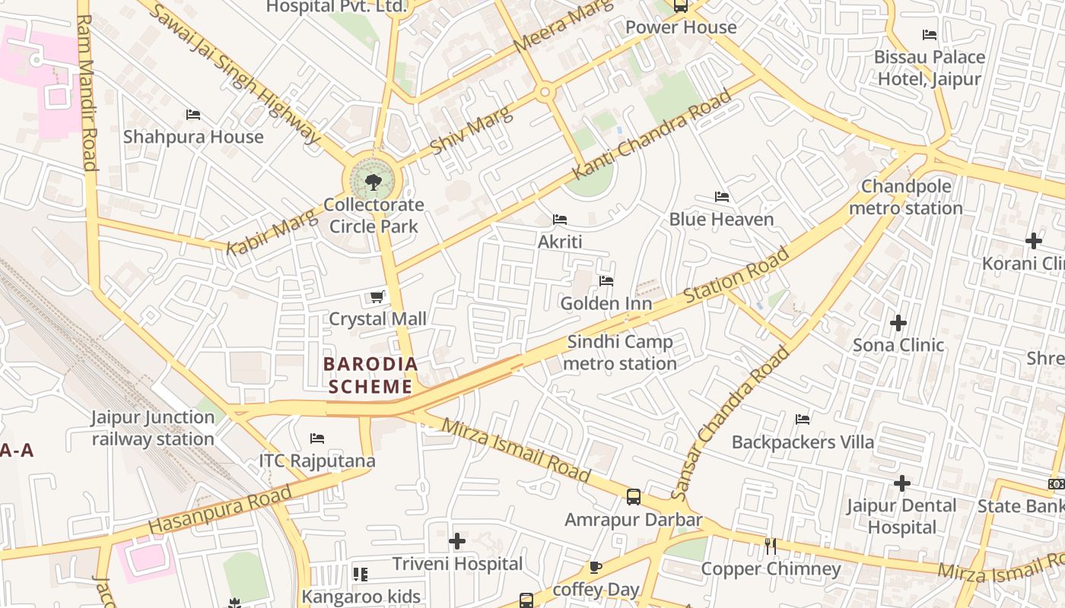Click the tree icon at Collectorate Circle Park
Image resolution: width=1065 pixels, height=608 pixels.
click(373, 182)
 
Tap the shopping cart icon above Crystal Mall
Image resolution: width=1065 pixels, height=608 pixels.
click(377, 296)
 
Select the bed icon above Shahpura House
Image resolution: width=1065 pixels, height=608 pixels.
click(193, 115)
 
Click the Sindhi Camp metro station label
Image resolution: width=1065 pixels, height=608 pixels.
click(620, 353)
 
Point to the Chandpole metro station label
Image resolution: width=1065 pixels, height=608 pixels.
click(905, 198)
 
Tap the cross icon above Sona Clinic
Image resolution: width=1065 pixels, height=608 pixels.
click(898, 323)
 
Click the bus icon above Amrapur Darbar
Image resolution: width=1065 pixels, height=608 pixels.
click(633, 497)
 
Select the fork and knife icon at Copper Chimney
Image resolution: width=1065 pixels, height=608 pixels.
click(771, 546)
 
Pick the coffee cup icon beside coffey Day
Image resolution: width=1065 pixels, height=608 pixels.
click(596, 567)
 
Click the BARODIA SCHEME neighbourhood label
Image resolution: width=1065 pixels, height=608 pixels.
click(370, 375)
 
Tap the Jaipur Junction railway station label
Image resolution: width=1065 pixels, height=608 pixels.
click(153, 428)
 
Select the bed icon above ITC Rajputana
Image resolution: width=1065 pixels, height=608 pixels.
click(317, 439)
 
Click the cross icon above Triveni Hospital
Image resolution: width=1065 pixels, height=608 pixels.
click(457, 541)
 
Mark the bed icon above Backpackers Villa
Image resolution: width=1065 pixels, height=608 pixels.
click(803, 420)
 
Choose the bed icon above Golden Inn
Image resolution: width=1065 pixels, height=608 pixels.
click(606, 281)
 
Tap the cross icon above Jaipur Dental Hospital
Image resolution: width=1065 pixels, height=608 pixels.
click(902, 483)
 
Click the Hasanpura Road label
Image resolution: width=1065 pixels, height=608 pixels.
click(221, 509)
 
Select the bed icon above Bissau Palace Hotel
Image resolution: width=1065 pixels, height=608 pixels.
click(929, 35)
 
